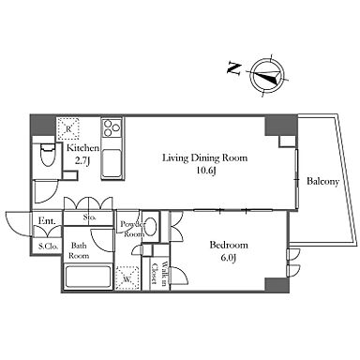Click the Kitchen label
(x=83, y=147)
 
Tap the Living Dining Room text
(x=204, y=158)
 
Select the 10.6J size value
(x=206, y=171)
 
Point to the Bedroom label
(x=229, y=245)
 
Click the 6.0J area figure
(x=228, y=258)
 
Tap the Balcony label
(x=322, y=182)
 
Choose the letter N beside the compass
(x=234, y=68)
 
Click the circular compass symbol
(x=268, y=75)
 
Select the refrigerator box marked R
(x=68, y=128)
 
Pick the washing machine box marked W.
(x=127, y=277)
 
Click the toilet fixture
(x=48, y=155)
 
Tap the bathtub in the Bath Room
(x=88, y=277)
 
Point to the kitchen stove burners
(x=112, y=127)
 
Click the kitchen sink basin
(x=112, y=162)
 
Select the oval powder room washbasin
(x=151, y=225)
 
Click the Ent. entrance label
(x=47, y=221)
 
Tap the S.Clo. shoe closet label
(x=49, y=247)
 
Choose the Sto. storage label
(x=89, y=217)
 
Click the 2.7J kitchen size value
(x=82, y=161)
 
